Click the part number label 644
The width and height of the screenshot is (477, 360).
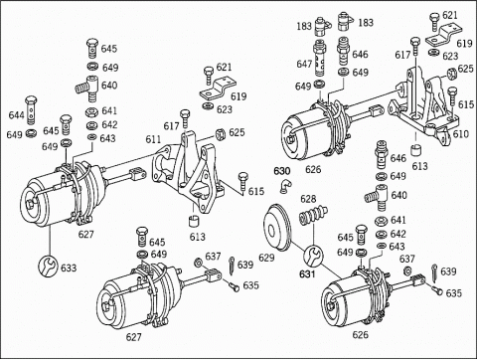(16, 115)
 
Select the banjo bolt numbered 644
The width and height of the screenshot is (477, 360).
(31, 109)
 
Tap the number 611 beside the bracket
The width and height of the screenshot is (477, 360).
(153, 139)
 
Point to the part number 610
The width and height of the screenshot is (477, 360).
(461, 134)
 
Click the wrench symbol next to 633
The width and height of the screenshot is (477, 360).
(49, 267)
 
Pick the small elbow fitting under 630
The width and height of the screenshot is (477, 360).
(284, 186)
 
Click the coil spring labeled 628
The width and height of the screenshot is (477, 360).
(313, 216)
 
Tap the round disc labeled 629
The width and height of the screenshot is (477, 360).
(278, 228)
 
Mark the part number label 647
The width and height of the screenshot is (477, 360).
(304, 64)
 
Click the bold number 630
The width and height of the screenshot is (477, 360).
(281, 171)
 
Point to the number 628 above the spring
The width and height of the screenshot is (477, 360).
(308, 199)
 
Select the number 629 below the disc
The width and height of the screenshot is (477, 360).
(266, 258)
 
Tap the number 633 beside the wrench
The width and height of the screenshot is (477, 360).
(69, 268)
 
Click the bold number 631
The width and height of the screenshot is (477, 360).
(307, 274)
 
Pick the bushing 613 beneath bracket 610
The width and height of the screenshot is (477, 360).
(416, 150)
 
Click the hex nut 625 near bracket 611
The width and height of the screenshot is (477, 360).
(220, 134)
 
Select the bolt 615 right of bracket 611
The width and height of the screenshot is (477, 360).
(243, 183)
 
